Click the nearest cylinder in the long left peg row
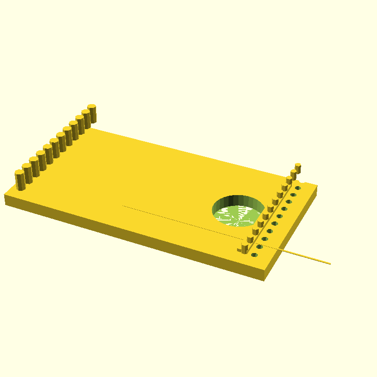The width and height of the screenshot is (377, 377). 19,180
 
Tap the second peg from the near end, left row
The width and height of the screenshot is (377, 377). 27,173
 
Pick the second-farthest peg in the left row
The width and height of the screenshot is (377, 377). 86,118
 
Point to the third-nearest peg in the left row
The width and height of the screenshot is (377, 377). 34,166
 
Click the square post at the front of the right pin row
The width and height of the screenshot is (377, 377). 244,248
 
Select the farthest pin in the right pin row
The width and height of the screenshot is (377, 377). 298,168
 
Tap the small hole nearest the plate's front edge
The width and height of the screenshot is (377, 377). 254,255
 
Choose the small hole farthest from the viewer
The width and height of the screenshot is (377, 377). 298,188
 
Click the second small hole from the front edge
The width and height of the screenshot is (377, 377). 260,246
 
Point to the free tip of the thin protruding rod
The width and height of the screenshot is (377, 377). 329,263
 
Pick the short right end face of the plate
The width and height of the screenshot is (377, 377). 292,231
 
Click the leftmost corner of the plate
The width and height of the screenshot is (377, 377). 5,195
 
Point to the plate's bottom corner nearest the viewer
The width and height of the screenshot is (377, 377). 264,280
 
